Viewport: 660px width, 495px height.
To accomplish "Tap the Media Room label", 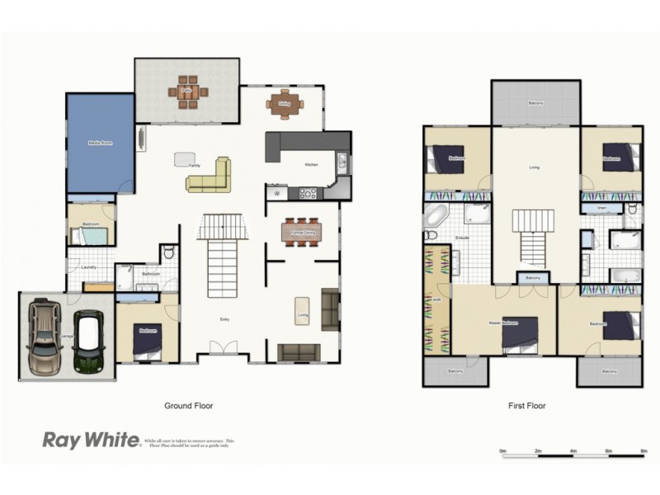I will pos(100,143).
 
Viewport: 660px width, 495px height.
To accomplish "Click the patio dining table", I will pos(187,92).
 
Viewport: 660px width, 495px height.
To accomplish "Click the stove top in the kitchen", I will pos(307,194).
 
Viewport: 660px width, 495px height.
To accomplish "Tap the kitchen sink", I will pos(342,164).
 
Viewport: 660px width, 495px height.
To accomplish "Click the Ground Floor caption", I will pos(190,406).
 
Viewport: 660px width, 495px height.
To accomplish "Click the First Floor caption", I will pos(526,406).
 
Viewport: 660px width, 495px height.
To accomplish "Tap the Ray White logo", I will pos(91,440).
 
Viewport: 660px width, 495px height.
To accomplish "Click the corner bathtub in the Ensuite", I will pos(435,219).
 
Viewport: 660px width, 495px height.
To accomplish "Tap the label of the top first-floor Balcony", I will pos(535,103).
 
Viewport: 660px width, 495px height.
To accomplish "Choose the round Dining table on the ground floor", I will pos(285,104).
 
